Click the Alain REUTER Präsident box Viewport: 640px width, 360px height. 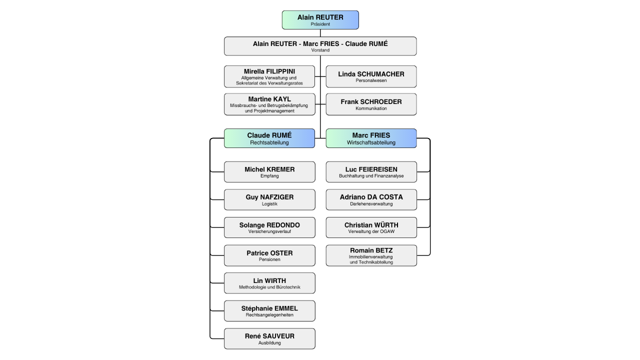[320, 20]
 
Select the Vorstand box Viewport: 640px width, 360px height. [320, 46]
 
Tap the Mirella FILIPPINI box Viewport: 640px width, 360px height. [269, 76]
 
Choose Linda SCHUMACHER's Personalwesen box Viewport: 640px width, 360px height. [371, 76]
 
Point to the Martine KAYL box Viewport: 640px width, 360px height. [269, 104]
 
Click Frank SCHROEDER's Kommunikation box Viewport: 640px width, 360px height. [371, 104]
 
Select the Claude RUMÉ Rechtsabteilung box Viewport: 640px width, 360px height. [269, 138]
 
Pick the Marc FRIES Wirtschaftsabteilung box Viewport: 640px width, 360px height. [371, 138]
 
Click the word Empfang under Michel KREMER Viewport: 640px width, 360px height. [269, 176]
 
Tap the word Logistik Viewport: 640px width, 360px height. [269, 204]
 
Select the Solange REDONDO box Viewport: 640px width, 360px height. [269, 227]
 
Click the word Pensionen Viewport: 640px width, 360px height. [269, 259]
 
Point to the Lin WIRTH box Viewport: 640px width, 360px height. [269, 283]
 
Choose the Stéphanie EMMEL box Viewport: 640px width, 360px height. [269, 311]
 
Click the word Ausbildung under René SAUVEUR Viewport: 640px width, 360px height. [269, 343]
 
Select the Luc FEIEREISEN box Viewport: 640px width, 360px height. [371, 172]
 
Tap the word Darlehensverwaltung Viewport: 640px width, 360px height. [371, 204]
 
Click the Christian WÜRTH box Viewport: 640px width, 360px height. [371, 227]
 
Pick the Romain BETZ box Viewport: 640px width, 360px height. [371, 255]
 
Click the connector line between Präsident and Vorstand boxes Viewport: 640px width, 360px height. [320, 33]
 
